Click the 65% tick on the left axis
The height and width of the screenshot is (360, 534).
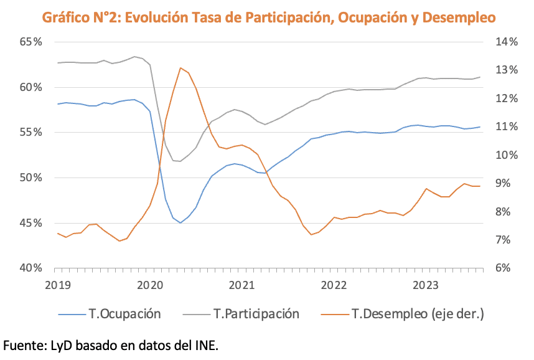coord(30,42)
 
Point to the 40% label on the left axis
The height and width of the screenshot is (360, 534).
coord(30,268)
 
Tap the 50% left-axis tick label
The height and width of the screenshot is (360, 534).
coord(30,178)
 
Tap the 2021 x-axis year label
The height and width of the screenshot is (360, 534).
coord(241,285)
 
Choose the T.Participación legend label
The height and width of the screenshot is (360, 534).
coord(256,314)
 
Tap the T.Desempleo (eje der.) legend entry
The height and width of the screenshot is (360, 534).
coord(417,314)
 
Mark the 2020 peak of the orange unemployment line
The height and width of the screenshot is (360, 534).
coord(180,68)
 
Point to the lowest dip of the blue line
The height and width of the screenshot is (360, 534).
coord(180,222)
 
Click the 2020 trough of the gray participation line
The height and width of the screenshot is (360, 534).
coord(180,161)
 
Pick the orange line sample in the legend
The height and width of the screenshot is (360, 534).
coord(334,314)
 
